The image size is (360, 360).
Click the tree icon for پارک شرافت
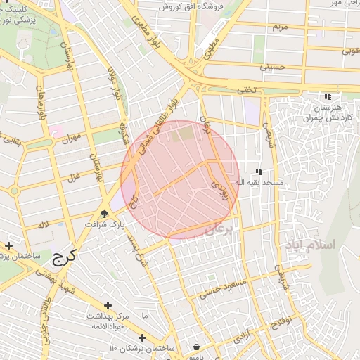(105, 214)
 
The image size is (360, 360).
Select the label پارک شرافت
(104, 224)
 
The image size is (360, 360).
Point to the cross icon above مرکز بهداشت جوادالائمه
(108, 305)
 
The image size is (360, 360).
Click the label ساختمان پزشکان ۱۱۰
(141, 348)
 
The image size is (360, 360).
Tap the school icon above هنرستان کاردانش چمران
(326, 96)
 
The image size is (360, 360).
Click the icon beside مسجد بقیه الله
(259, 172)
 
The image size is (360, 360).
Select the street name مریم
(279, 27)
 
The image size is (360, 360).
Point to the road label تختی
(243, 91)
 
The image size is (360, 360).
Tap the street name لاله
(44, 224)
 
